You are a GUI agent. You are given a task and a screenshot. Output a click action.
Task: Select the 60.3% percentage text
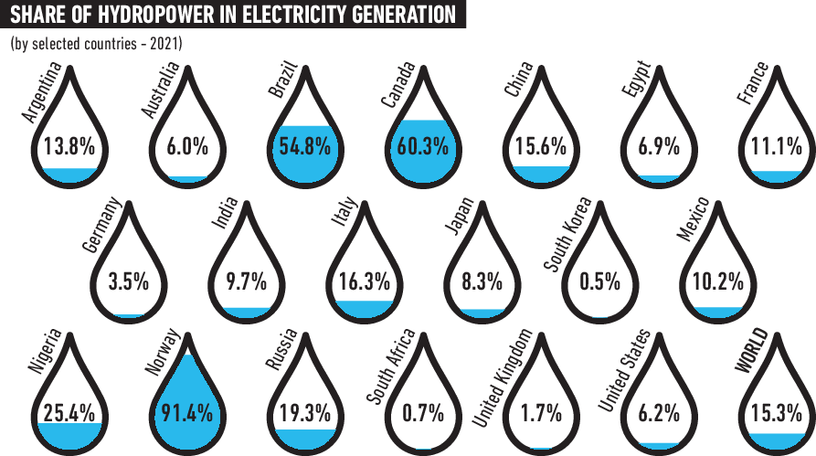422,145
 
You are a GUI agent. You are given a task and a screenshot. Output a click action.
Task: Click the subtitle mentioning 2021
96,44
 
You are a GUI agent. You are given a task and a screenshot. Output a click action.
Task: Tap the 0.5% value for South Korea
599,281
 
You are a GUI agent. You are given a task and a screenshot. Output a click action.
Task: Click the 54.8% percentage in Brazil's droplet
304,145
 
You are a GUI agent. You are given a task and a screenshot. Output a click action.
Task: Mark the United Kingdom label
502,377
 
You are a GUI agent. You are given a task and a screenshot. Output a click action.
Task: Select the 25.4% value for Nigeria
69,412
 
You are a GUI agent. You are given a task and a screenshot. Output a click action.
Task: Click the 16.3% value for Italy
364,281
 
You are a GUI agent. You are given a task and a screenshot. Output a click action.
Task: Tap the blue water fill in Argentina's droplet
69,174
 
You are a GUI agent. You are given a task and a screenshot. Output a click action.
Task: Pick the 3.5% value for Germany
128,281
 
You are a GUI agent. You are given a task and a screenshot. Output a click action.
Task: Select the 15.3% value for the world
777,412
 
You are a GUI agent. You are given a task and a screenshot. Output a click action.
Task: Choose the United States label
623,371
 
